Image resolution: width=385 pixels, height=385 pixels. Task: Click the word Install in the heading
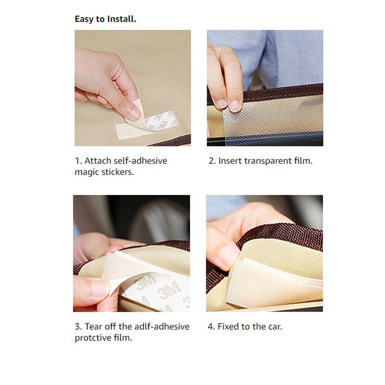point(122,19)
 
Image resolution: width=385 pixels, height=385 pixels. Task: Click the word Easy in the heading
point(84,19)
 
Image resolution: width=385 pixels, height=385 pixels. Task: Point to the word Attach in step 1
point(98,161)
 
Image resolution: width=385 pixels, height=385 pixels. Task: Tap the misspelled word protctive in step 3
point(93,338)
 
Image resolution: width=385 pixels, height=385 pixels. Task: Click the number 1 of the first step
point(77,161)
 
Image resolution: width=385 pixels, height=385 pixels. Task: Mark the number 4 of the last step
point(211,327)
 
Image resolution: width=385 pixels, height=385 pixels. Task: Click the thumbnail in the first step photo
point(134,113)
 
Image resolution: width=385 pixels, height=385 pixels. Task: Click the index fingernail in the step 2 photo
point(235,105)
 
